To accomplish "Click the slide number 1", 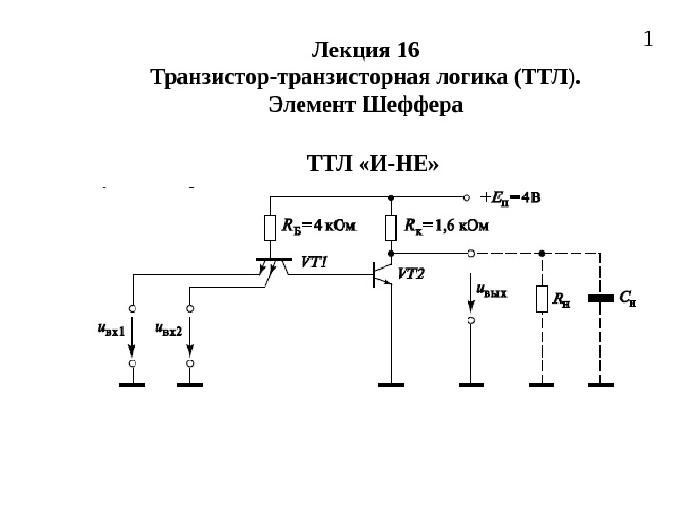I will click(x=649, y=40).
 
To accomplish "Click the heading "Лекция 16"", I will click(x=365, y=50).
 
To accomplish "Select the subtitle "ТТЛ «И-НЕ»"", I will click(x=373, y=163).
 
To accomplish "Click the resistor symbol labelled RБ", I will click(x=270, y=228).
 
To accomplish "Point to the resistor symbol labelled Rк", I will click(x=391, y=228).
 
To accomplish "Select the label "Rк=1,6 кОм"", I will click(x=446, y=227).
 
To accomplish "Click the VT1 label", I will click(x=315, y=260).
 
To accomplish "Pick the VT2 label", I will click(x=410, y=274).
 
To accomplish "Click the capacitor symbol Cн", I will click(x=600, y=298).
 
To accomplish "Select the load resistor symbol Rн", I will click(x=542, y=299).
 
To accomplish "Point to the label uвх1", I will click(x=112, y=329).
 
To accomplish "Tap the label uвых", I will click(x=491, y=291).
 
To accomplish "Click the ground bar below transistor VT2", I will click(x=391, y=385).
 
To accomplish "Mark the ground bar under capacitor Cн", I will click(x=600, y=385).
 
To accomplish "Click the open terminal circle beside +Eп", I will click(x=467, y=198).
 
